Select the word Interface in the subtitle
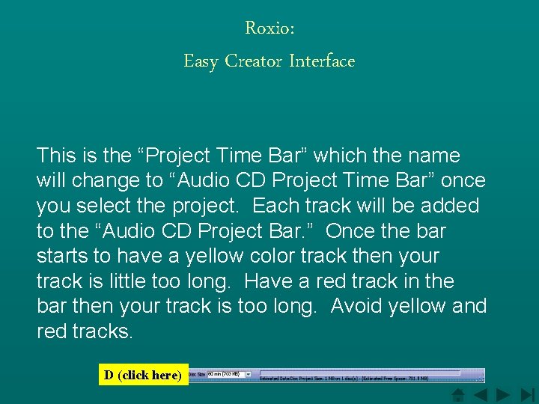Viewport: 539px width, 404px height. pos(322,61)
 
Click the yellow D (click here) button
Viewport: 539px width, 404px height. pos(143,375)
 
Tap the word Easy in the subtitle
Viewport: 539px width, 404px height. pos(201,61)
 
